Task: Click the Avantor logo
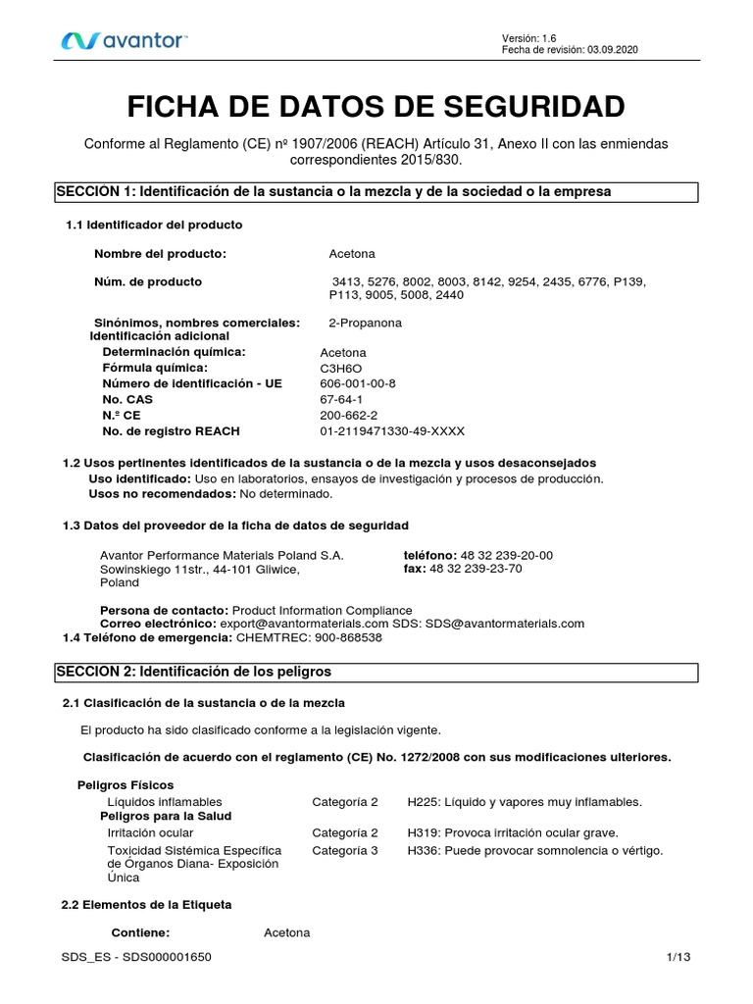pos(125,40)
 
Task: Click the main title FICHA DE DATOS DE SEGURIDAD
pos(376,106)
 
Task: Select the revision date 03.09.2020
pos(613,50)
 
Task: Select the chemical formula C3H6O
pos(340,368)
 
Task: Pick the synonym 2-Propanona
pos(365,323)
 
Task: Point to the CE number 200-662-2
pos(348,415)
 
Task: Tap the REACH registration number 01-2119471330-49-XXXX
pos(392,430)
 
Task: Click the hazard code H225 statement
pos(525,802)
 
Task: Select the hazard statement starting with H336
pos(535,850)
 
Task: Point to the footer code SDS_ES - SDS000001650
pos(135,955)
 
